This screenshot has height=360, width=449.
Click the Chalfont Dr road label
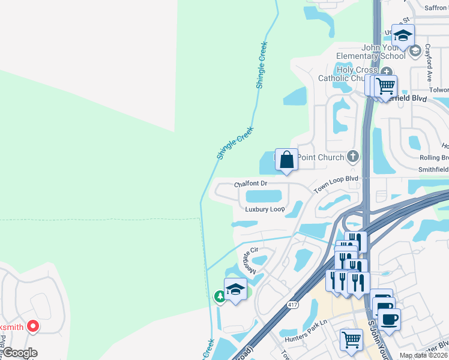coord(250,183)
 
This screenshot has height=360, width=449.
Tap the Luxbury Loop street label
coord(265,209)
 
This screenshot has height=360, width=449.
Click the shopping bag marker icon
coord(287,160)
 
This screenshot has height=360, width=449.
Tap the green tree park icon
coord(220,296)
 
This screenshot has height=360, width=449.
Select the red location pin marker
coord(32,326)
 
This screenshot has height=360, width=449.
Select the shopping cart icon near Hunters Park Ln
coord(351,339)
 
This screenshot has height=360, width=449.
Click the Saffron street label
coord(436,8)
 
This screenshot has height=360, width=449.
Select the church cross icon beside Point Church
coord(352,157)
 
